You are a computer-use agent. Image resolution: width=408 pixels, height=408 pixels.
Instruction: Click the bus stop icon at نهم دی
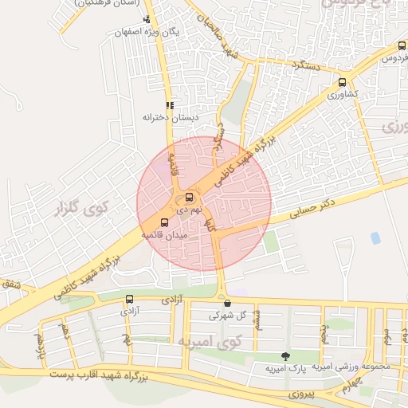tap(189, 197)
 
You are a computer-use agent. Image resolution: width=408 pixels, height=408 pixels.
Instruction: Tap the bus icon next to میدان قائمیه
tap(165, 222)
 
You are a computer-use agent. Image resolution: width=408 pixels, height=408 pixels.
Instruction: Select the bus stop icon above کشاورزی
tap(343, 82)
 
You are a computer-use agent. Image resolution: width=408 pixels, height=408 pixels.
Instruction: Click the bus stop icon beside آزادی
tap(129, 300)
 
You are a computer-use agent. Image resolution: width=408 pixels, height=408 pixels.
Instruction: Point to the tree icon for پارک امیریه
tap(285, 355)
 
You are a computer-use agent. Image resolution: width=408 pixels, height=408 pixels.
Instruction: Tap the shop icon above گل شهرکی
tap(228, 302)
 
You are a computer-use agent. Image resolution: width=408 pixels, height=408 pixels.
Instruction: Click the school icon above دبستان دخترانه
tap(169, 105)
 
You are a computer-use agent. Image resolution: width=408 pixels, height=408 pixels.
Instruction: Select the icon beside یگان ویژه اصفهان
tap(146, 18)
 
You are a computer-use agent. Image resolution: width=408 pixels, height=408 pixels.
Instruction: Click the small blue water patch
tap(375, 237)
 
